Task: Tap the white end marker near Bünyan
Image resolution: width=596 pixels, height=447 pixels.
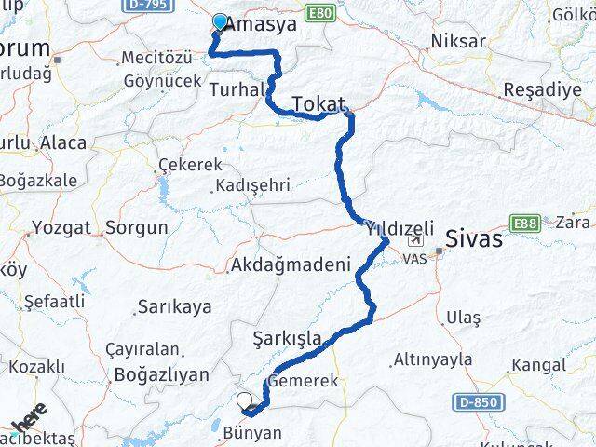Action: point(245,401)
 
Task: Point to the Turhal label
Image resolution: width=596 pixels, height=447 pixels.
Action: point(238,89)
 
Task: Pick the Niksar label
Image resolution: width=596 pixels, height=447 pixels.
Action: point(458,42)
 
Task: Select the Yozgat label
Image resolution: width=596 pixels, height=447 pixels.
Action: point(61,227)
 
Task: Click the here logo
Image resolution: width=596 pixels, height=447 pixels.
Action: point(29,415)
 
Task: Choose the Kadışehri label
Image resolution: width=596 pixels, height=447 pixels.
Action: point(252,185)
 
